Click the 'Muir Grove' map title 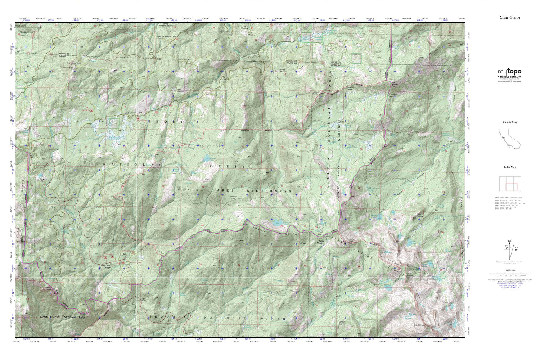tap(509, 17)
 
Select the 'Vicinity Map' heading tap(509, 122)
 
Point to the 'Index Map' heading tap(509, 167)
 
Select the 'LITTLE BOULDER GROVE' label tap(167, 37)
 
